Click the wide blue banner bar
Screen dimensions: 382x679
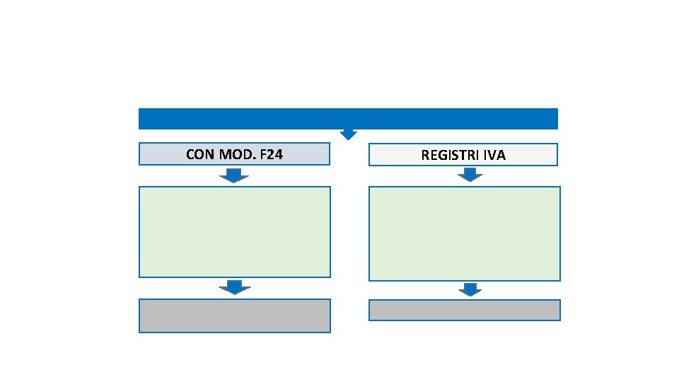pyautogui.click(x=348, y=118)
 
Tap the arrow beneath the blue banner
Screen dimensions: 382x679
pyautogui.click(x=349, y=134)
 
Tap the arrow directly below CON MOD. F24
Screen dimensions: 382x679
pyautogui.click(x=234, y=175)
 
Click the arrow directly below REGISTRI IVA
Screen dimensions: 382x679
pyautogui.click(x=470, y=175)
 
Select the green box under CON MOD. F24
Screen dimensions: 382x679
pyautogui.click(x=234, y=231)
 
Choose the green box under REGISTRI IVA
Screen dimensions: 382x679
pyautogui.click(x=464, y=233)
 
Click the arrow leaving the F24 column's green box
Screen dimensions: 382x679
pyautogui.click(x=234, y=287)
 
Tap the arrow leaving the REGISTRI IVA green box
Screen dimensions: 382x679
pyautogui.click(x=470, y=289)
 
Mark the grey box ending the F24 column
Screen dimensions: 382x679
pyautogui.click(x=234, y=316)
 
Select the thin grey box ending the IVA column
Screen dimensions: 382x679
pyautogui.click(x=464, y=310)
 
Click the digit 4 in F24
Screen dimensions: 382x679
pyautogui.click(x=279, y=154)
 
